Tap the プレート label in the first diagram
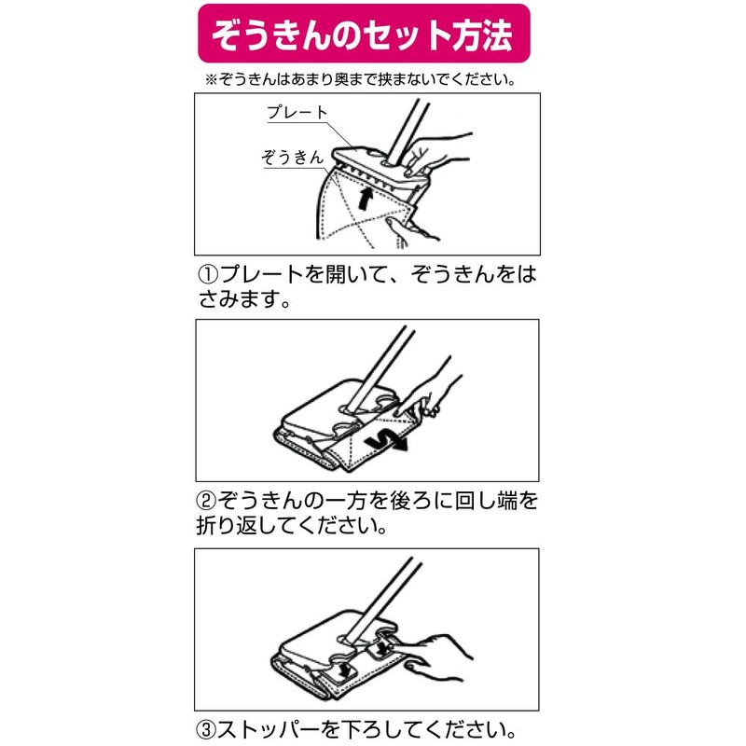(x=297, y=113)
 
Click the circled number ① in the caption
(x=207, y=277)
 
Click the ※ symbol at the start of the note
(x=210, y=79)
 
